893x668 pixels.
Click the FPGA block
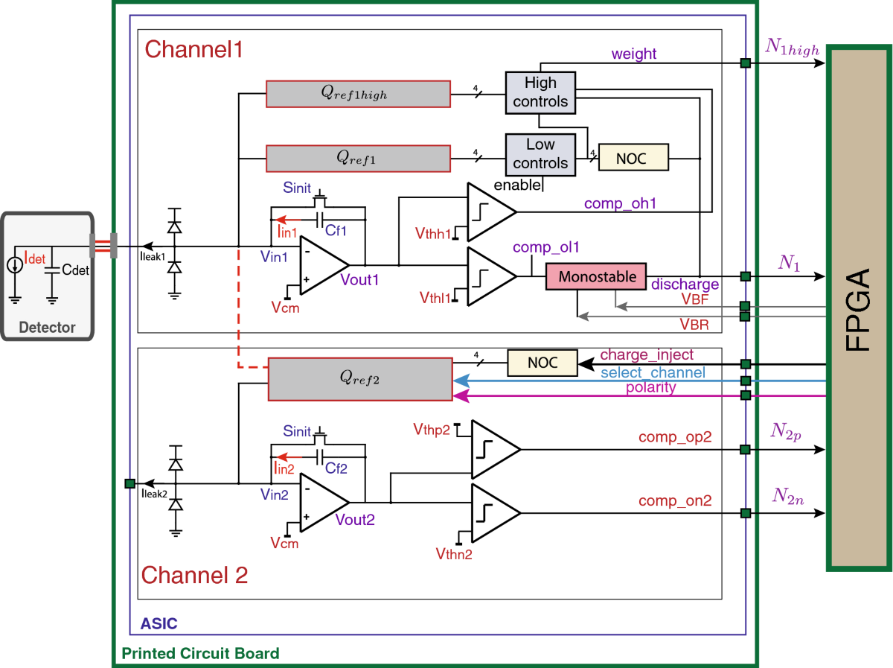click(860, 309)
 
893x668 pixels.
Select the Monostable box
click(597, 277)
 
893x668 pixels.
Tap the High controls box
click(540, 92)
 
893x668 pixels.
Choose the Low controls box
click(540, 153)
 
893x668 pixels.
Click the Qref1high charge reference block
click(358, 95)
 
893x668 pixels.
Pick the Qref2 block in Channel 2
click(359, 378)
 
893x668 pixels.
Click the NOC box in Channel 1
click(633, 158)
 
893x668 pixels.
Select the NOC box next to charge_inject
click(542, 363)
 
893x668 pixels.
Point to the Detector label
click(47, 327)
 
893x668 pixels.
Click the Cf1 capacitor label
click(336, 231)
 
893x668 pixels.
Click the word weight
click(633, 54)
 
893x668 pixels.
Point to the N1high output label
click(792, 49)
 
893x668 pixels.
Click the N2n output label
click(787, 497)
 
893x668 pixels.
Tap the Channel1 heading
click(193, 50)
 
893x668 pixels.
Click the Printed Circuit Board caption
click(200, 654)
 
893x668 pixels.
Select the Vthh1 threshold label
click(433, 235)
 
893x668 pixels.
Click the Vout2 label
click(355, 519)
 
